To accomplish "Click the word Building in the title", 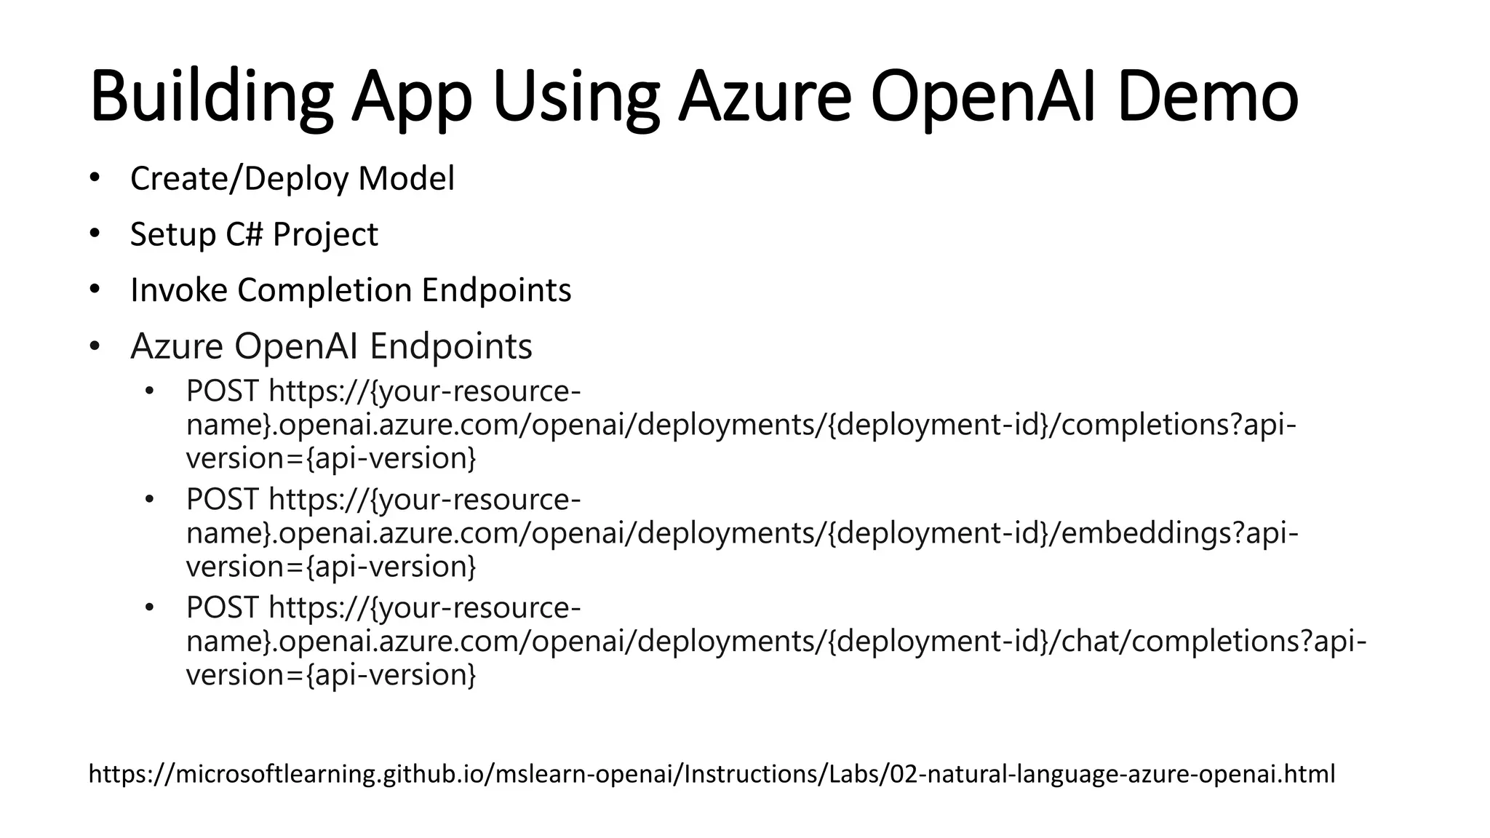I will pyautogui.click(x=211, y=97).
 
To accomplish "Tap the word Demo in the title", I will pyautogui.click(x=1208, y=97).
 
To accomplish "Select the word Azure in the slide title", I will pyautogui.click(x=765, y=97).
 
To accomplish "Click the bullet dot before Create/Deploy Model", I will pyautogui.click(x=94, y=178).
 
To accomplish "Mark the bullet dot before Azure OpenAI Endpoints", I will pyautogui.click(x=94, y=346).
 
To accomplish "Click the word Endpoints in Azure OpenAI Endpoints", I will pyautogui.click(x=451, y=346).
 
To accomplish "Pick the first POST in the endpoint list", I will pyautogui.click(x=222, y=391).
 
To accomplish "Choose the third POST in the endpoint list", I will pyautogui.click(x=222, y=607).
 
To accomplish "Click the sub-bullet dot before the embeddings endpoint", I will pyautogui.click(x=150, y=500).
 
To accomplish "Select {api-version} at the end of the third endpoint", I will pyautogui.click(x=391, y=675).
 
